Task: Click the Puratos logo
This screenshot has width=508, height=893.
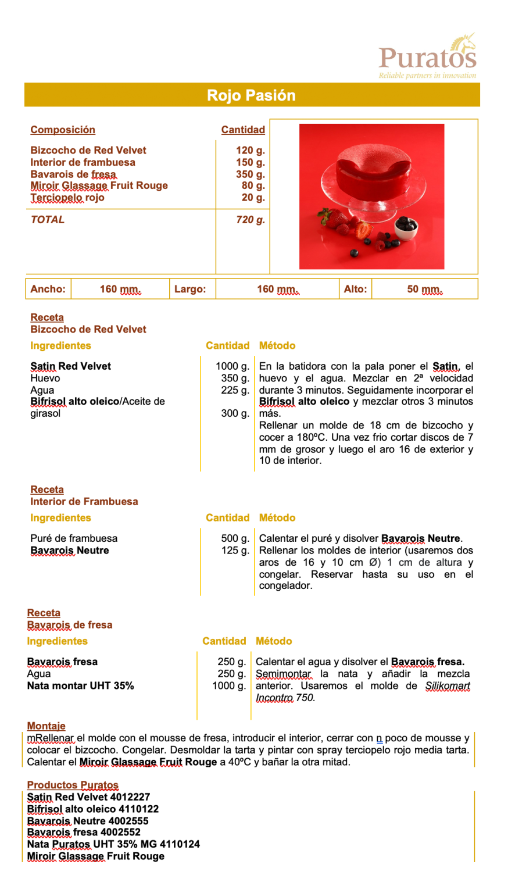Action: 427,56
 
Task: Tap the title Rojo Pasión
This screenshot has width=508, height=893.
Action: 252,95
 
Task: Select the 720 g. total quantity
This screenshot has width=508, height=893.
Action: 250,220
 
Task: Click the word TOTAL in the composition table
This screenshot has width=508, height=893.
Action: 48,220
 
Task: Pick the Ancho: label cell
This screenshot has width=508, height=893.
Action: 48,289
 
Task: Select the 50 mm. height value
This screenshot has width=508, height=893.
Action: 424,289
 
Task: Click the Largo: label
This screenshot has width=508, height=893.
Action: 190,289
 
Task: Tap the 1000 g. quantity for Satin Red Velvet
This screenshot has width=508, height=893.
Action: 232,366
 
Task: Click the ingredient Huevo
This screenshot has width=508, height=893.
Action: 45,378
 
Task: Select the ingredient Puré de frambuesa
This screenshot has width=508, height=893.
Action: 74,538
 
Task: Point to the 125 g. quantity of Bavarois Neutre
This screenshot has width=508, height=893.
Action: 235,550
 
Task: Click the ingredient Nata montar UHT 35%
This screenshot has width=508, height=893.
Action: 80,685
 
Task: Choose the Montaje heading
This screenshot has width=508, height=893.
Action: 46,726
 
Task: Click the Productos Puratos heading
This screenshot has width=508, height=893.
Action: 73,785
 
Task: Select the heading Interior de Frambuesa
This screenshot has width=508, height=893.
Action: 84,501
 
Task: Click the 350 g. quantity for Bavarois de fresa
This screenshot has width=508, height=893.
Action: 250,174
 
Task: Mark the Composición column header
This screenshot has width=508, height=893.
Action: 63,130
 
